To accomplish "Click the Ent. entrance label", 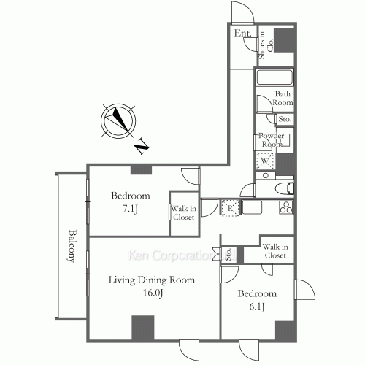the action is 242,34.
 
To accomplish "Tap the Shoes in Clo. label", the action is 266,45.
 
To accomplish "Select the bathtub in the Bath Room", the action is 274,77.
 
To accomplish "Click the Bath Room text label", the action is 283,98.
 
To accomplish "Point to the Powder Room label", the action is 271,139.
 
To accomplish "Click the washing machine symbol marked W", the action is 265,161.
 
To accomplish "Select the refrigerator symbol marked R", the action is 230,208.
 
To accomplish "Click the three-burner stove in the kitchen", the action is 286,207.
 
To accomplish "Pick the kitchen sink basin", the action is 252,207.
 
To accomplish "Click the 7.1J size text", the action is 130,209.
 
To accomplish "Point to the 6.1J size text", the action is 257,307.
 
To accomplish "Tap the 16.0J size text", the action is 153,293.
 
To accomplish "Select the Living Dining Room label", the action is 152,280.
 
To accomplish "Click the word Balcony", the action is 71,246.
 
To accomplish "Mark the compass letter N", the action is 142,146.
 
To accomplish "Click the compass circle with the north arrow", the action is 118,121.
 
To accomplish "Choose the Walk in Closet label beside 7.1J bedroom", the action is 184,212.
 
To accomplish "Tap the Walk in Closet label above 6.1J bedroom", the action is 275,251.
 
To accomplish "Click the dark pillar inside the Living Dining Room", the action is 143,328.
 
